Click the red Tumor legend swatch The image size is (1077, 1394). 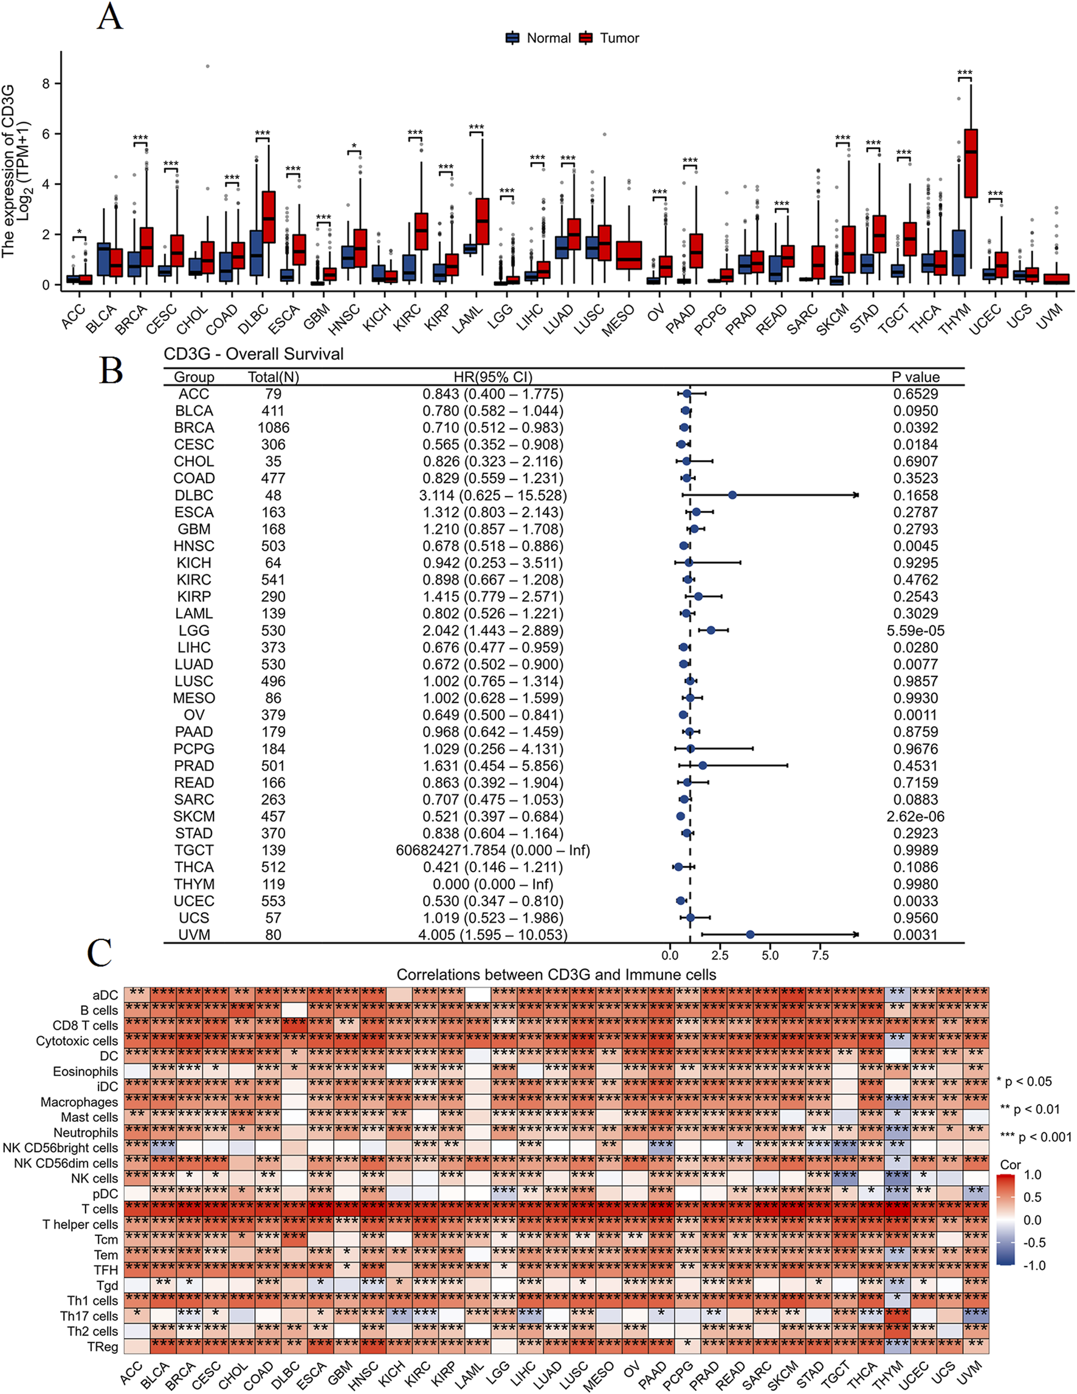(585, 38)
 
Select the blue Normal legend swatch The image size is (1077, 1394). (512, 38)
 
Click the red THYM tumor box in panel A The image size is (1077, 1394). (971, 163)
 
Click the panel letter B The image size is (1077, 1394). (111, 370)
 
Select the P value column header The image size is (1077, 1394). (915, 377)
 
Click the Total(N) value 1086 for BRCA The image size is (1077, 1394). (274, 428)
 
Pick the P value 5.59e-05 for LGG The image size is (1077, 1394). (915, 631)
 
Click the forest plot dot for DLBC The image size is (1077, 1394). (732, 495)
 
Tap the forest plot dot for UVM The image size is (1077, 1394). (750, 935)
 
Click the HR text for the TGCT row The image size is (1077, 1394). (492, 850)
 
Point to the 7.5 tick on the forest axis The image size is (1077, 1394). (820, 955)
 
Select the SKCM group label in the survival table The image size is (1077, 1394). (194, 816)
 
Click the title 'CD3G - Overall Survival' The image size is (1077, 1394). (253, 354)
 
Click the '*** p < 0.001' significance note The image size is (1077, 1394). (1036, 1137)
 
